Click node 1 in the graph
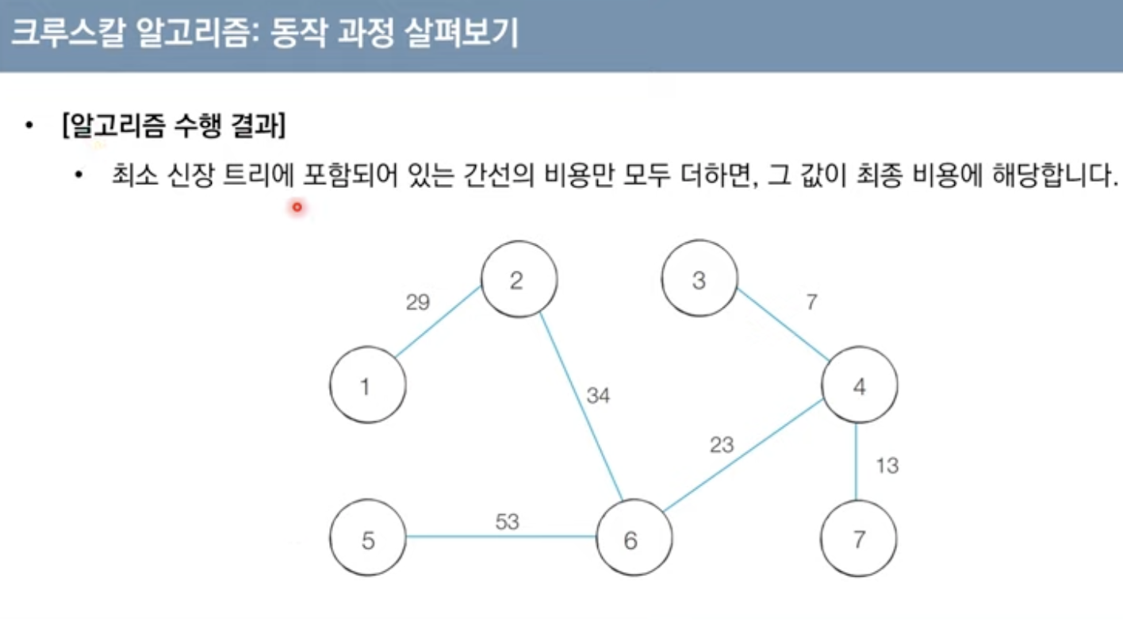[x=367, y=387]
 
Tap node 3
[x=699, y=281]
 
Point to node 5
[x=367, y=540]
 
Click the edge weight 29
[x=418, y=302]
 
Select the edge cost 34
[x=599, y=395]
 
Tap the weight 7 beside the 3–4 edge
[x=811, y=301]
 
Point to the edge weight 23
[x=722, y=445]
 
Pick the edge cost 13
[x=887, y=466]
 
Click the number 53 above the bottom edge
[x=508, y=521]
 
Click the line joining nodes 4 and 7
[x=857, y=464]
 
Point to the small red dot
[x=297, y=208]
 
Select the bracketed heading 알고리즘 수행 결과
[x=173, y=127]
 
